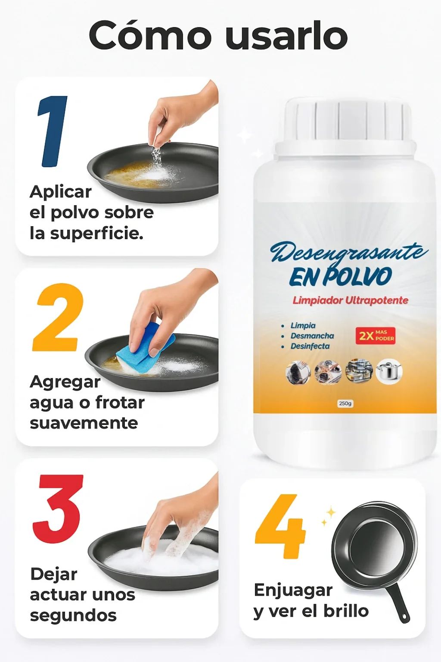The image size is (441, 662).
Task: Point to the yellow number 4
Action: point(280,527)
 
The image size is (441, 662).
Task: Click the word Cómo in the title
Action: point(151,35)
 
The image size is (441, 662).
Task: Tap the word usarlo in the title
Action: point(286,35)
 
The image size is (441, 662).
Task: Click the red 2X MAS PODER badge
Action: point(375,335)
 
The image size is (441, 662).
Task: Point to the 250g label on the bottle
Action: point(345,403)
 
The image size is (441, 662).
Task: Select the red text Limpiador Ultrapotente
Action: point(350,300)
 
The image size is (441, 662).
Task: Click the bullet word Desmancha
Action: point(312,336)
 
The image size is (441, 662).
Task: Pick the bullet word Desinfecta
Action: point(310,346)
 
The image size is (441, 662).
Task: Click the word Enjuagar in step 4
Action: point(293,590)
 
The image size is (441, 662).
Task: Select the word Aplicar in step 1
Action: point(61,192)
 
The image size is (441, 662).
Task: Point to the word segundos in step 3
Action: point(73,615)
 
